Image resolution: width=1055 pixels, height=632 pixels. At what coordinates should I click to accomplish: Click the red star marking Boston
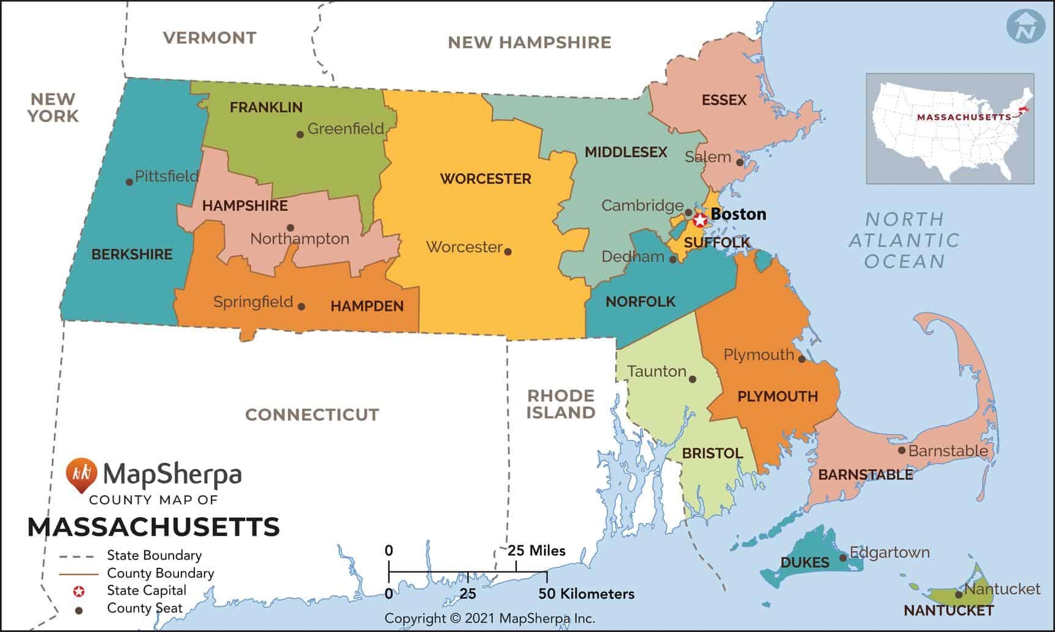700,219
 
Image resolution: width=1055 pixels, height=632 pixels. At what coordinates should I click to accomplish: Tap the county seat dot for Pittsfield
130,182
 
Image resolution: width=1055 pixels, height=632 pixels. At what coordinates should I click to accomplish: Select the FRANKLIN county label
266,107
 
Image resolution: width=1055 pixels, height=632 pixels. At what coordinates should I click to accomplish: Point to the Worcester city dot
508,251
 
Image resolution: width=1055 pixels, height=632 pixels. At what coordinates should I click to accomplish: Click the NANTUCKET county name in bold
948,610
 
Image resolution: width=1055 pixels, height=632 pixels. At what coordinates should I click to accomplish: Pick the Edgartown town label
889,553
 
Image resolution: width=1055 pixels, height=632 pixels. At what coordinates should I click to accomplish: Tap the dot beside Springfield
301,307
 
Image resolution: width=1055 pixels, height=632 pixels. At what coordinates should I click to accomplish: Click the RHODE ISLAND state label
560,404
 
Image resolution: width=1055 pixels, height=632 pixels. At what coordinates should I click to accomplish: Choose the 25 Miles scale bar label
536,551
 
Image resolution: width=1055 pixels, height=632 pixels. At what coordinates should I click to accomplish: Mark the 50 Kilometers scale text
586,594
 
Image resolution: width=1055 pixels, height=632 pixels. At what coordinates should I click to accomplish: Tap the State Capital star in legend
78,591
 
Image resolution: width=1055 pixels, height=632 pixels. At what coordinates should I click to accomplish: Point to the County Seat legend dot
78,609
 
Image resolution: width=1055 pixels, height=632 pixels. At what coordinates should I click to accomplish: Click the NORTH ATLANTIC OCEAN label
904,240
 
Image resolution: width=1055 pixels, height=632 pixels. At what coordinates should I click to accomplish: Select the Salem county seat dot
740,162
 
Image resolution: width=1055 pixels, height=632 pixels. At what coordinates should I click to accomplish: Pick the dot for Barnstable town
902,451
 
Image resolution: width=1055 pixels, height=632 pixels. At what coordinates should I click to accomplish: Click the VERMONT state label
210,38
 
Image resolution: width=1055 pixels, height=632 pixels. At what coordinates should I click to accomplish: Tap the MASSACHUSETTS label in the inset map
964,117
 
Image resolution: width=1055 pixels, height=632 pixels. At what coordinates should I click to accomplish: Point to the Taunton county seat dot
692,379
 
